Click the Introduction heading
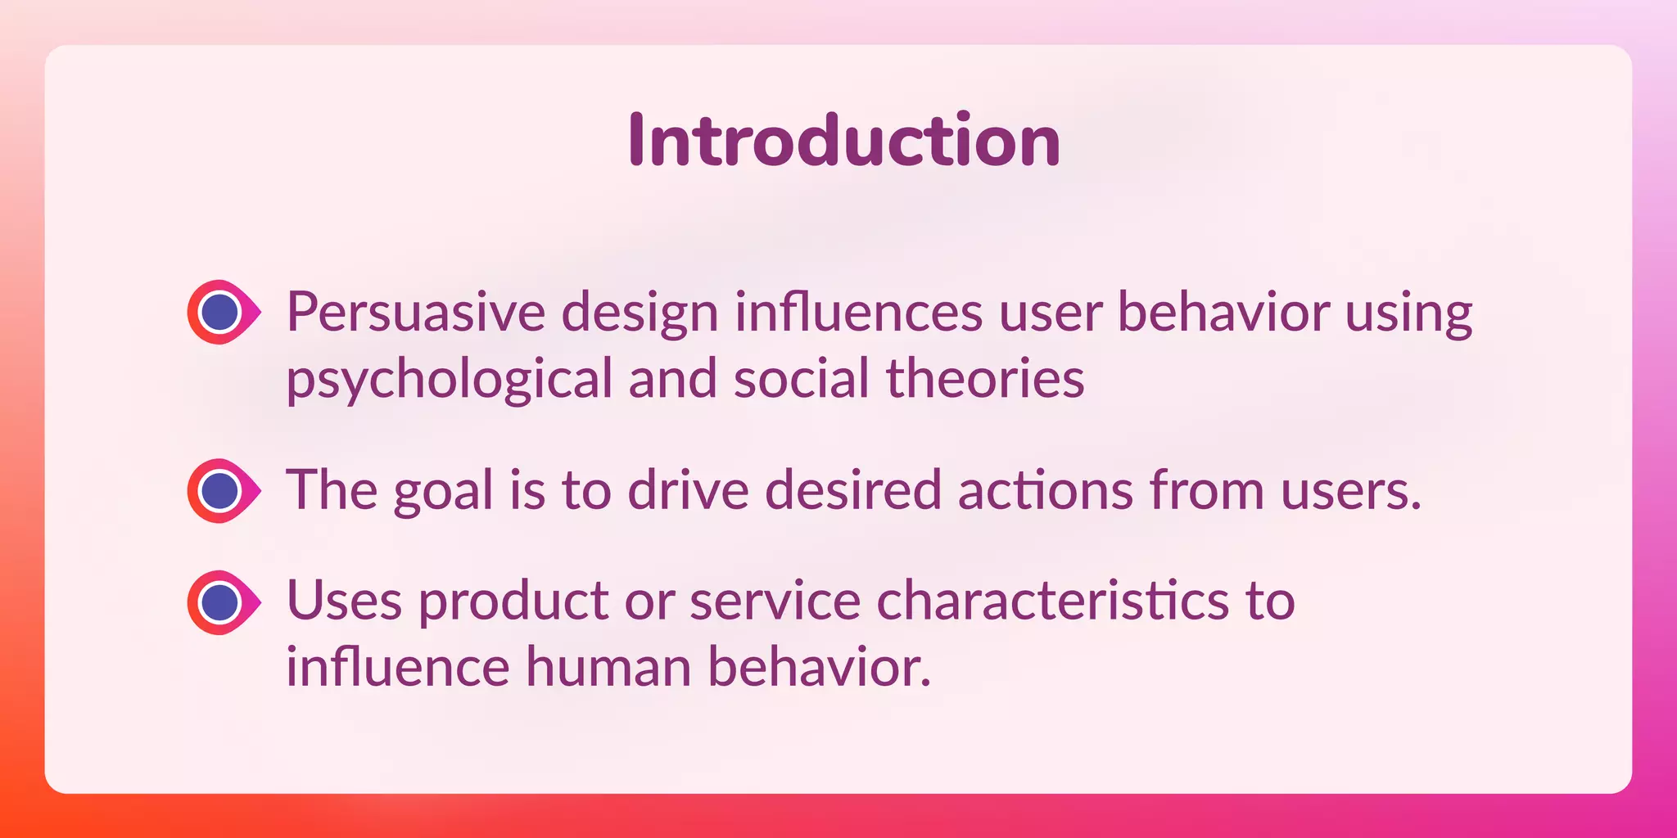(x=844, y=141)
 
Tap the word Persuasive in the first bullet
(x=415, y=313)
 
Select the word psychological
(x=449, y=381)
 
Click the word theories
(x=985, y=379)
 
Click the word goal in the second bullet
(x=443, y=492)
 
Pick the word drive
(x=688, y=490)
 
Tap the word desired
(x=852, y=490)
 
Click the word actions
(x=1045, y=490)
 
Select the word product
(x=513, y=601)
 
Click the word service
(x=775, y=601)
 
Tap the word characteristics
(x=1052, y=601)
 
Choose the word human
(x=608, y=666)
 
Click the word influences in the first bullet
(x=857, y=313)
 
